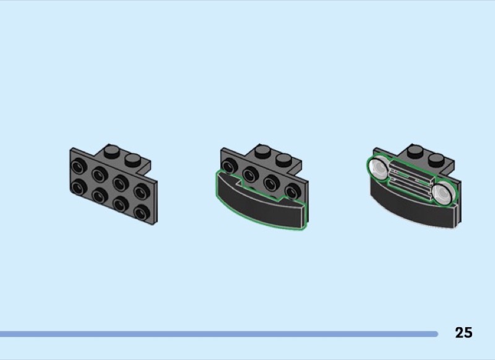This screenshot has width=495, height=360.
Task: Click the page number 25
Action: point(463,333)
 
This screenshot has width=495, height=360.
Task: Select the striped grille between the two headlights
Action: point(410,180)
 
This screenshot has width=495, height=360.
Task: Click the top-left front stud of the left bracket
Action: point(79,166)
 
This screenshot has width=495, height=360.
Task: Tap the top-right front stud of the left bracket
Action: point(142,191)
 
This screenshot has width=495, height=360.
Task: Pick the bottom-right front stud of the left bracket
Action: point(142,212)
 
